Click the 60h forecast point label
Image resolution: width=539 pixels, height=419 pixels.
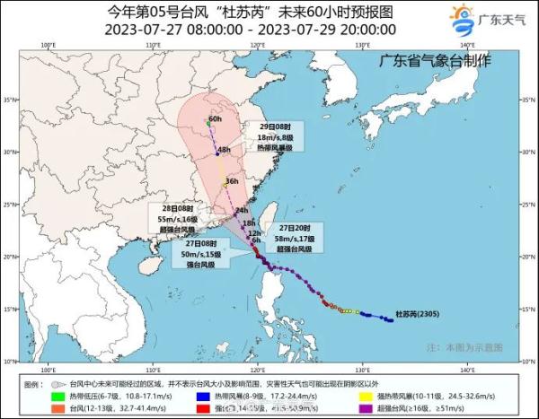(x=216, y=118)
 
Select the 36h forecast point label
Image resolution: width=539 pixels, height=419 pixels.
(x=232, y=181)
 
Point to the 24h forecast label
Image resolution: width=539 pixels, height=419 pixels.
(x=241, y=210)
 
